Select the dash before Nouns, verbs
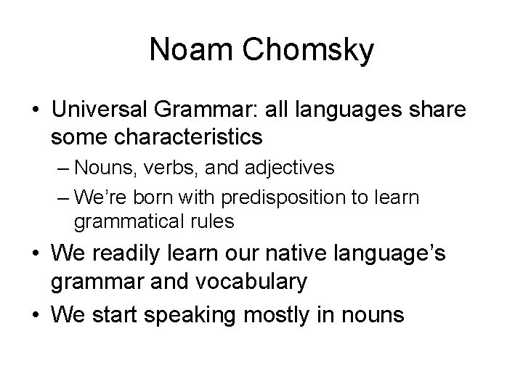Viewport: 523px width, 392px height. tap(62, 168)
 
